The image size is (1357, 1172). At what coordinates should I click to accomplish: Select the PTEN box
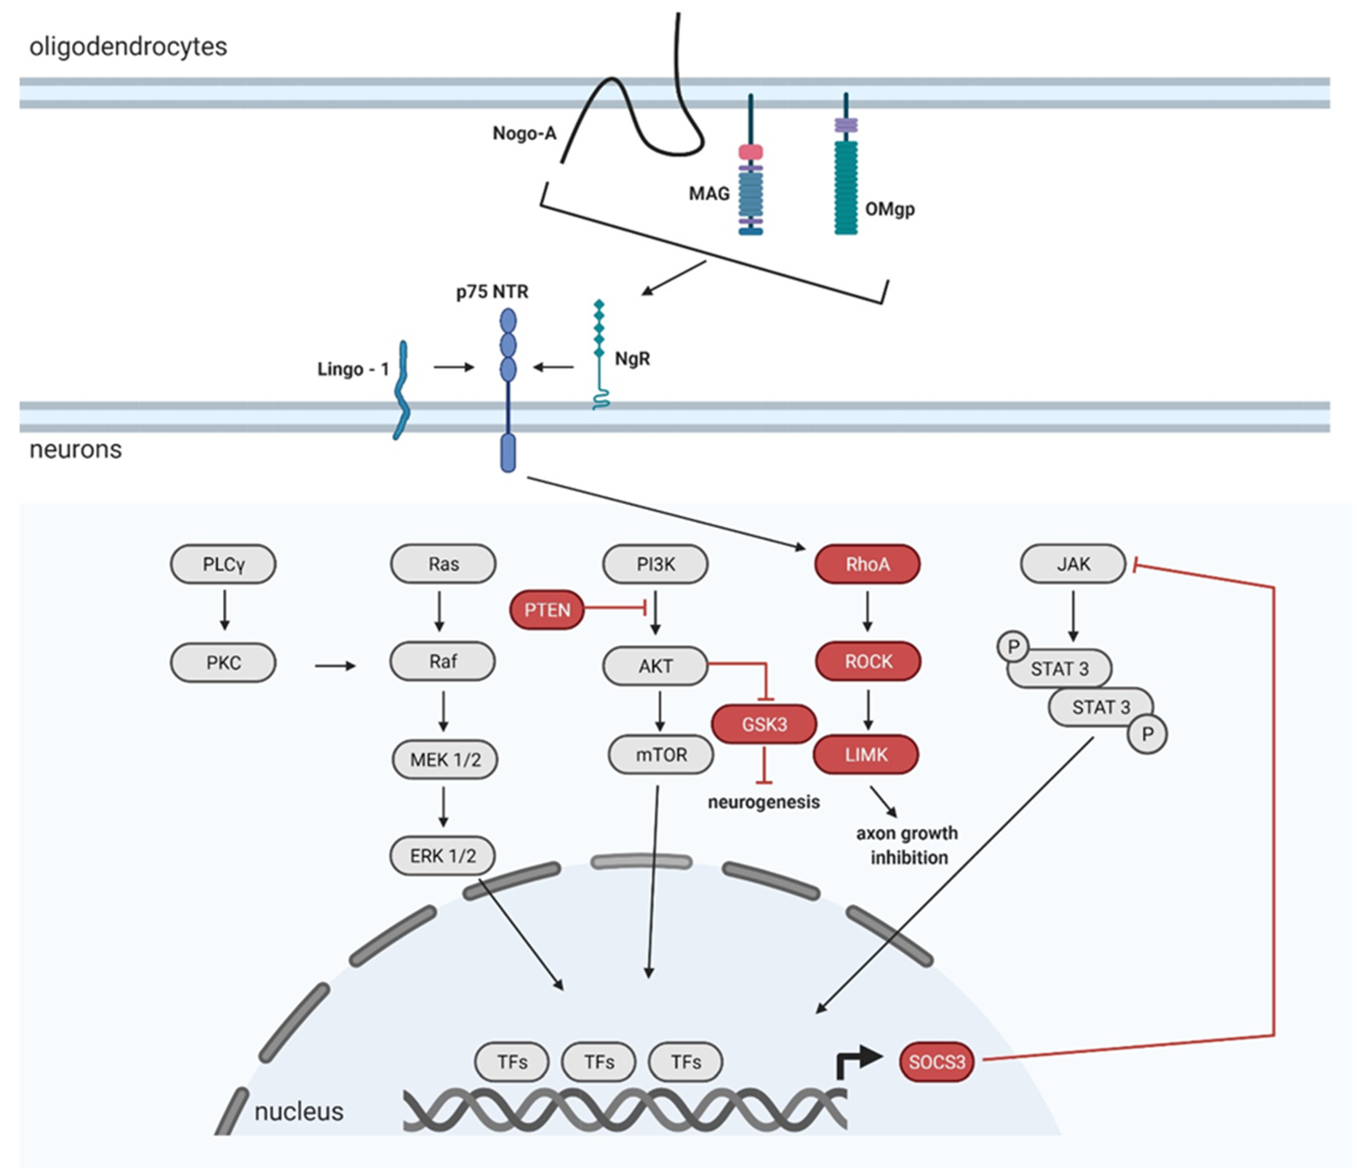[547, 610]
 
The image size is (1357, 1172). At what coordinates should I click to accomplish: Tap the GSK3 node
[764, 724]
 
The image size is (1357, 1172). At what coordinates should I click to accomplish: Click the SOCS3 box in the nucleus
[937, 1061]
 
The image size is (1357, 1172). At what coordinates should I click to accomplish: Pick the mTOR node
[661, 755]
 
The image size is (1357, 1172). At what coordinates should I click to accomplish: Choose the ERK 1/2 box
[443, 855]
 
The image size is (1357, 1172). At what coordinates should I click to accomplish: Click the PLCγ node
[223, 564]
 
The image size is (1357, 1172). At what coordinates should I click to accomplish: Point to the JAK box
[1073, 564]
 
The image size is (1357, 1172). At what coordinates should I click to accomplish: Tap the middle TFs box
[599, 1061]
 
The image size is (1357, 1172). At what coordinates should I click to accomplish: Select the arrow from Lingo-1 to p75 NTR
[453, 367]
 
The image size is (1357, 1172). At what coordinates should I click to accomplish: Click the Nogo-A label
[524, 133]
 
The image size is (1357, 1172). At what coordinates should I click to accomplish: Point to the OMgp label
[889, 209]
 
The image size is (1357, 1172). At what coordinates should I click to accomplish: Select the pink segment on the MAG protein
[750, 152]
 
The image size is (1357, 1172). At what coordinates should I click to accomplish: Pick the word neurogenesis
[764, 802]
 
